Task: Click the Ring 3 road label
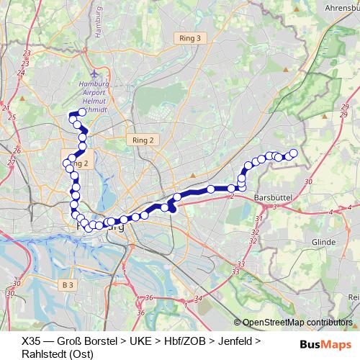click(x=189, y=38)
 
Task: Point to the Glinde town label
click(x=323, y=243)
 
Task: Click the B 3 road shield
click(x=68, y=285)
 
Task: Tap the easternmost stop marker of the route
click(x=293, y=153)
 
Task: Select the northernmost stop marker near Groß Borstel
click(x=82, y=112)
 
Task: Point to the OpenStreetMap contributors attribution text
click(x=297, y=323)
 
